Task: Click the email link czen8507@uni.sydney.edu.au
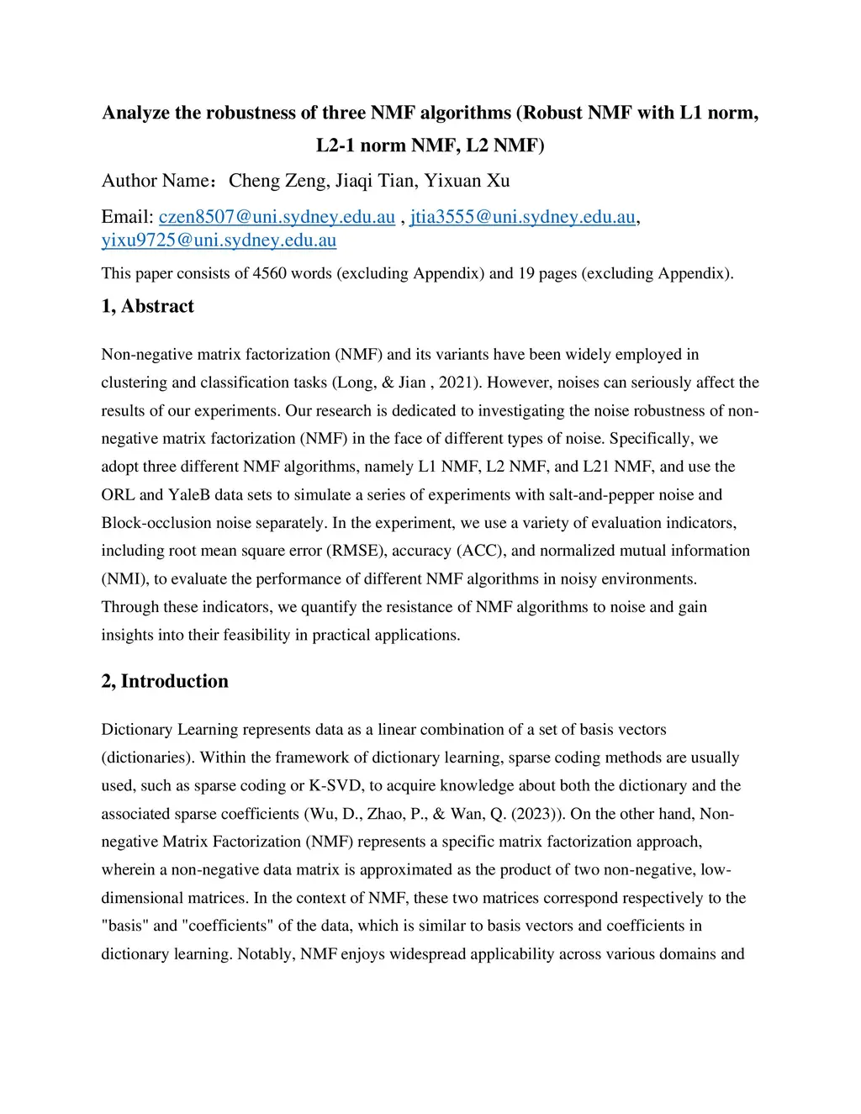click(277, 217)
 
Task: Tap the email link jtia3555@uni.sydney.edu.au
click(522, 217)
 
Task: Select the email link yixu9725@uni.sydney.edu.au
click(219, 240)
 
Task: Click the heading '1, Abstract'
click(147, 306)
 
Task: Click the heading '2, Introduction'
click(165, 681)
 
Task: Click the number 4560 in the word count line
click(269, 273)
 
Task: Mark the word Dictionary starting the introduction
click(137, 730)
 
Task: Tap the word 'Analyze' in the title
click(135, 113)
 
